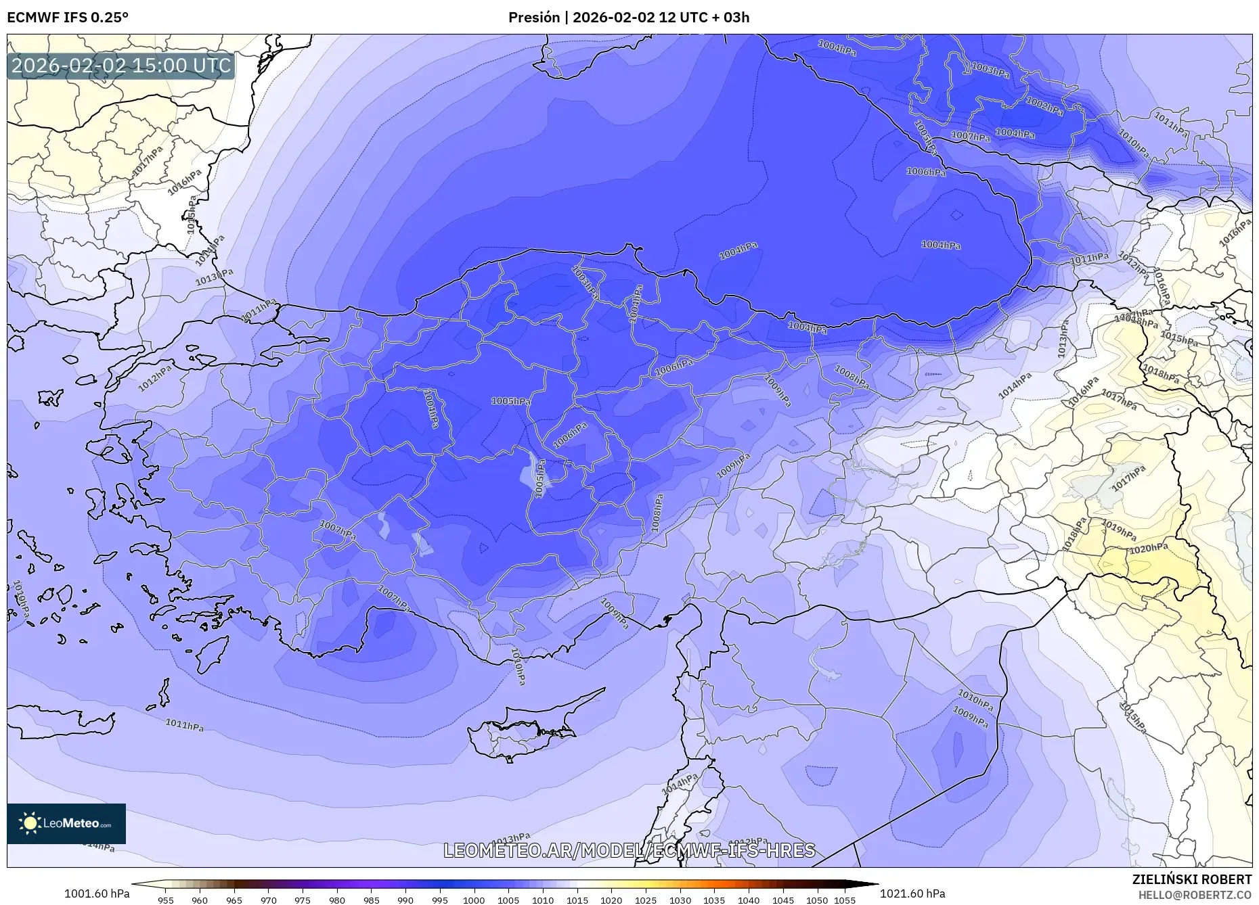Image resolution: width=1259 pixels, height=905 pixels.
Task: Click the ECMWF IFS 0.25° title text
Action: pyautogui.click(x=67, y=18)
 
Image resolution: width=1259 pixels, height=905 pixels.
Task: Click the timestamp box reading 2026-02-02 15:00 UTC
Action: pyautogui.click(x=121, y=66)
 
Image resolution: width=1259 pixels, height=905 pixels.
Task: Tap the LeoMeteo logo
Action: pyautogui.click(x=66, y=823)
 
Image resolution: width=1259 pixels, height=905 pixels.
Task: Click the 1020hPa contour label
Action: pyautogui.click(x=1148, y=549)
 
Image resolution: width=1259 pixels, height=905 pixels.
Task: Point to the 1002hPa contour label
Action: pyautogui.click(x=1044, y=106)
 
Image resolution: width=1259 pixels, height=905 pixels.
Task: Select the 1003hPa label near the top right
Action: pyautogui.click(x=990, y=70)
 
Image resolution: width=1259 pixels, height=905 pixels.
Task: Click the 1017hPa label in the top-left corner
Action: pyautogui.click(x=147, y=162)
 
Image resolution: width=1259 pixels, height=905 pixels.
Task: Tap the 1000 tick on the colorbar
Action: pyautogui.click(x=474, y=900)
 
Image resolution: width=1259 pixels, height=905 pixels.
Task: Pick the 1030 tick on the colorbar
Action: pyautogui.click(x=680, y=900)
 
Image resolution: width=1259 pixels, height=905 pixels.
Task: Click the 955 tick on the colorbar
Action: pyautogui.click(x=165, y=900)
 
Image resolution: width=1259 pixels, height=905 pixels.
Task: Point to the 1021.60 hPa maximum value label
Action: pyautogui.click(x=912, y=894)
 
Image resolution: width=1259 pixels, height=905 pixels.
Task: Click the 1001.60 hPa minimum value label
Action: pyautogui.click(x=97, y=894)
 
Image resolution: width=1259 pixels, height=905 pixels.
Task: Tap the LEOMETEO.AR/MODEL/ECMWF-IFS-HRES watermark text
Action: pyautogui.click(x=629, y=850)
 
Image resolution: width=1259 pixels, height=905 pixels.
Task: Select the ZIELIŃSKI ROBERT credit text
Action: pyautogui.click(x=1192, y=879)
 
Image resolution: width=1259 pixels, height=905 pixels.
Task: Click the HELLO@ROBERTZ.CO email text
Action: pyautogui.click(x=1195, y=895)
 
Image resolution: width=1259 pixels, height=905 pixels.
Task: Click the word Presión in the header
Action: pyautogui.click(x=533, y=18)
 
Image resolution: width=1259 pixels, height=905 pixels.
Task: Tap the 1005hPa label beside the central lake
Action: pyautogui.click(x=539, y=478)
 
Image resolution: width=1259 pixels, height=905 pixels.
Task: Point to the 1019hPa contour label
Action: pyautogui.click(x=1118, y=530)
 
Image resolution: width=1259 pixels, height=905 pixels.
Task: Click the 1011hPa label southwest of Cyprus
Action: pyautogui.click(x=184, y=725)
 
